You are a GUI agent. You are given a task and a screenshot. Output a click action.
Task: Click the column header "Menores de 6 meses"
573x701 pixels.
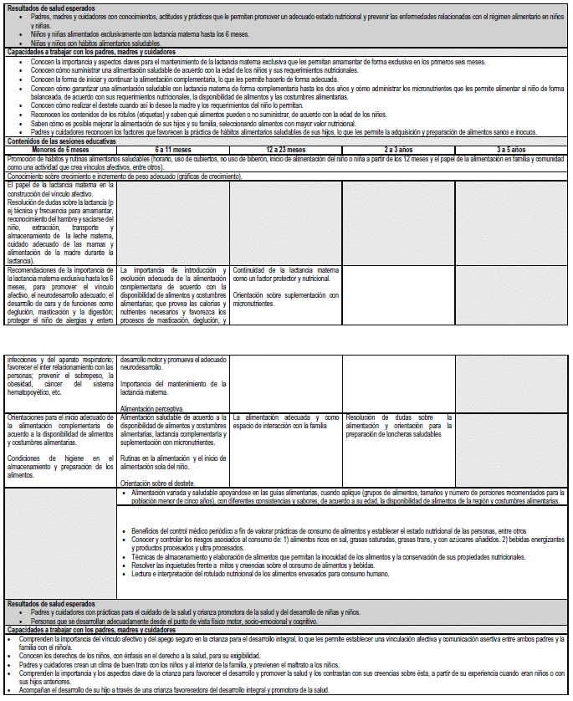pos(60,149)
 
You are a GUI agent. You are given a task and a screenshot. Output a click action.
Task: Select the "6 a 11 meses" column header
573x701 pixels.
pos(172,149)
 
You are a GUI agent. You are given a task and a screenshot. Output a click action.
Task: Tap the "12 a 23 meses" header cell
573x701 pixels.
pos(285,149)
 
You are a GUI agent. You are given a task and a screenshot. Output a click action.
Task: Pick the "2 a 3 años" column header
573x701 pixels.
pos(398,149)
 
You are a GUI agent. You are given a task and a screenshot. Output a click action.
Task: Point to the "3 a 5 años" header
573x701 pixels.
pos(510,149)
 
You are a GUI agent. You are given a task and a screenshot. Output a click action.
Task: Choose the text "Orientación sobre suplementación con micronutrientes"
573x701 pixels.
pos(285,298)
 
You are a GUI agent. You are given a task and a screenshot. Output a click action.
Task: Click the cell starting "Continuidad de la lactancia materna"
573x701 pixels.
pos(285,274)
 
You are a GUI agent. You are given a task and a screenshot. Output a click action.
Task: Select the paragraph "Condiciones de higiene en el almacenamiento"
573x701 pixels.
pos(60,467)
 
